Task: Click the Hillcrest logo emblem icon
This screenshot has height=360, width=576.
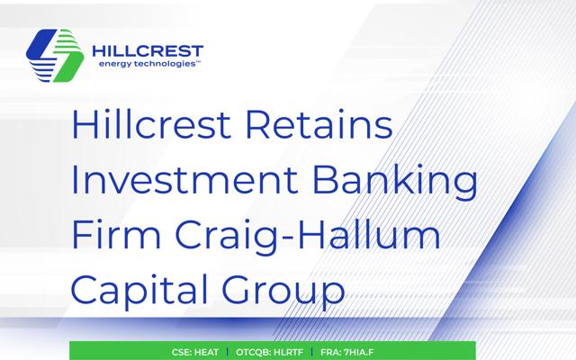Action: click(55, 56)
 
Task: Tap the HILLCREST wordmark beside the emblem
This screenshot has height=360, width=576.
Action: click(148, 50)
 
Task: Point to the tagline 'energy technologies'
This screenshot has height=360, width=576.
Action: click(147, 64)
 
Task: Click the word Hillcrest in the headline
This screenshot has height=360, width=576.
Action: click(151, 124)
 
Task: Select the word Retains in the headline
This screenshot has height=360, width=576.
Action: click(319, 124)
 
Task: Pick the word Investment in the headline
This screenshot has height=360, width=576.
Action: click(184, 180)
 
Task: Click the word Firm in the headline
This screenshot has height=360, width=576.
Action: click(116, 234)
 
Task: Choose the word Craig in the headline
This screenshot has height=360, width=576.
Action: click(227, 238)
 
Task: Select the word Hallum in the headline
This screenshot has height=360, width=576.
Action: click(369, 234)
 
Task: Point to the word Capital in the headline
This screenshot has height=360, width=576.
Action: click(139, 290)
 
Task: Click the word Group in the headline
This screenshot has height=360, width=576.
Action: click(283, 292)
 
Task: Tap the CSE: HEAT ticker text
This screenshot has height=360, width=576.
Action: click(195, 352)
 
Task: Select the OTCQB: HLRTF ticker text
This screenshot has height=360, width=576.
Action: click(269, 352)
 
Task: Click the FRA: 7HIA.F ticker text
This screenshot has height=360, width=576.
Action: click(346, 352)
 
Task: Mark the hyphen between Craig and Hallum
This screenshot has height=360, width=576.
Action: click(288, 238)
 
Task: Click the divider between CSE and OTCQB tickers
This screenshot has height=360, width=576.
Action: click(228, 352)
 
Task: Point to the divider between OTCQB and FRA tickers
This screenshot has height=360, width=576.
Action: click(312, 352)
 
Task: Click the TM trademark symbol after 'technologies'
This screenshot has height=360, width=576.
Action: click(198, 62)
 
